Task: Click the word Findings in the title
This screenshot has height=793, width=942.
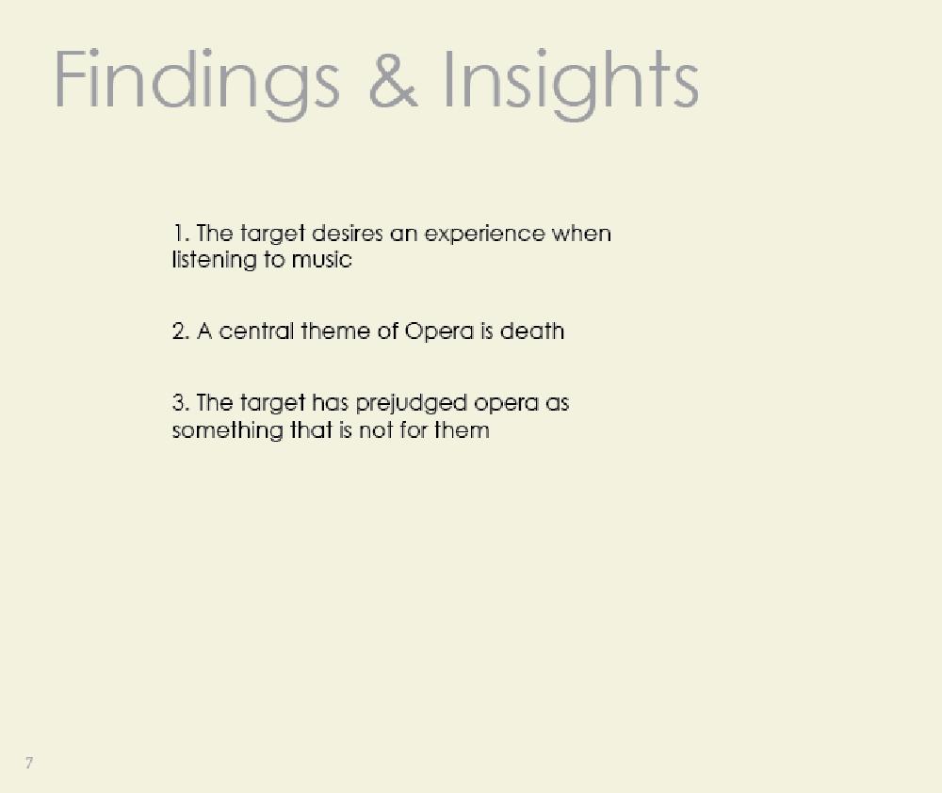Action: pyautogui.click(x=197, y=84)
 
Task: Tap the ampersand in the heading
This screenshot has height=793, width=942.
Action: pyautogui.click(x=393, y=79)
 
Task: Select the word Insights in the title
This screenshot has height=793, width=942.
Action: pyautogui.click(x=571, y=84)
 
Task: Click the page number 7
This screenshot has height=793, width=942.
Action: pyautogui.click(x=29, y=763)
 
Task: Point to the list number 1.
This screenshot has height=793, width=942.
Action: pyautogui.click(x=181, y=233)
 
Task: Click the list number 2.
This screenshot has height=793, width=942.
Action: pyautogui.click(x=181, y=331)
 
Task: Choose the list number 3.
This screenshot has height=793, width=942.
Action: pyautogui.click(x=181, y=402)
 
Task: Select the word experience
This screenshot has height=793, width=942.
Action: pyautogui.click(x=484, y=235)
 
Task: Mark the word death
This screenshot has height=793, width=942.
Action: pyautogui.click(x=532, y=331)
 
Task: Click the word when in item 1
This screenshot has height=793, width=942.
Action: pyautogui.click(x=581, y=233)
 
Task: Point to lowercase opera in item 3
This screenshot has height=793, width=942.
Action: pyautogui.click(x=506, y=404)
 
